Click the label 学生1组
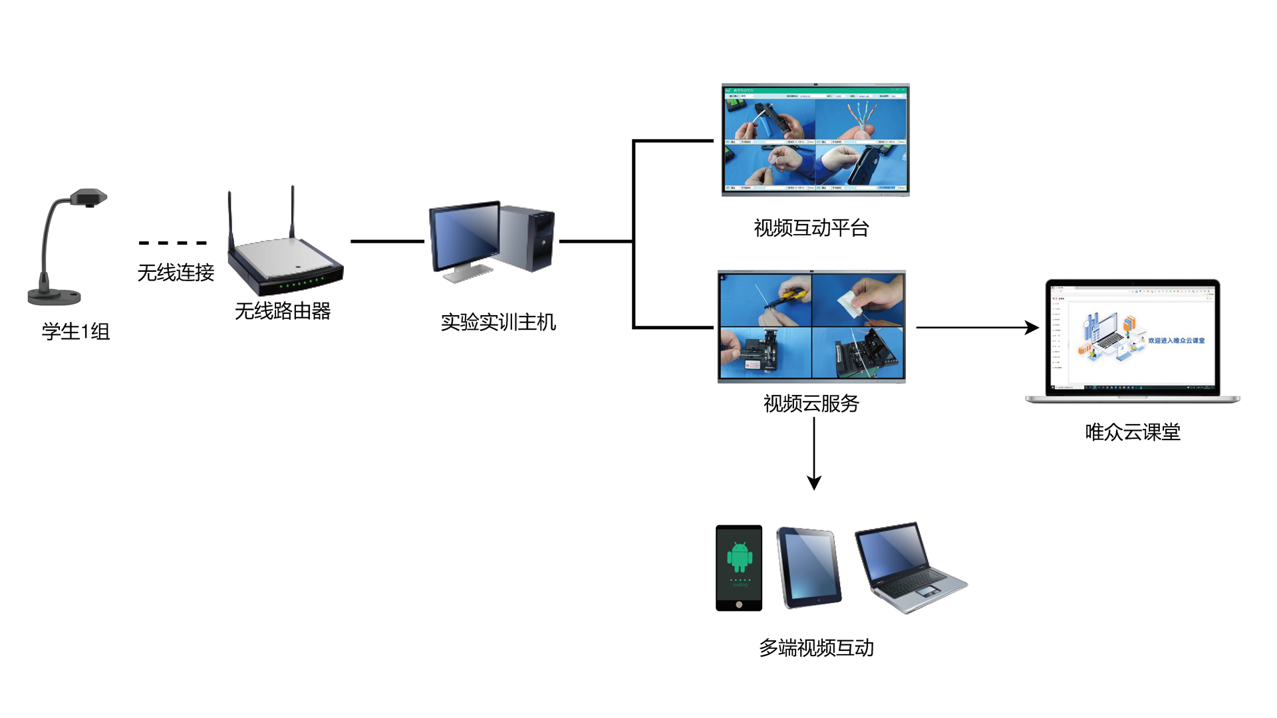point(76,331)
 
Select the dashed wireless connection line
point(173,243)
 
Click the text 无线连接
point(176,273)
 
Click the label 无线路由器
point(283,310)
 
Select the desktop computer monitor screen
point(465,237)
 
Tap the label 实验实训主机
point(498,322)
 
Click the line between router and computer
point(387,241)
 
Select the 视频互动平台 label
point(811,228)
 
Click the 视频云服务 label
point(811,403)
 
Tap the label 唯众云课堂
point(1133,432)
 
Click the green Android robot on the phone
point(740,556)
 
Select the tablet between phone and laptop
point(809,567)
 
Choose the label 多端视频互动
point(816,648)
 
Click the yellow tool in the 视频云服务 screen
point(793,295)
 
